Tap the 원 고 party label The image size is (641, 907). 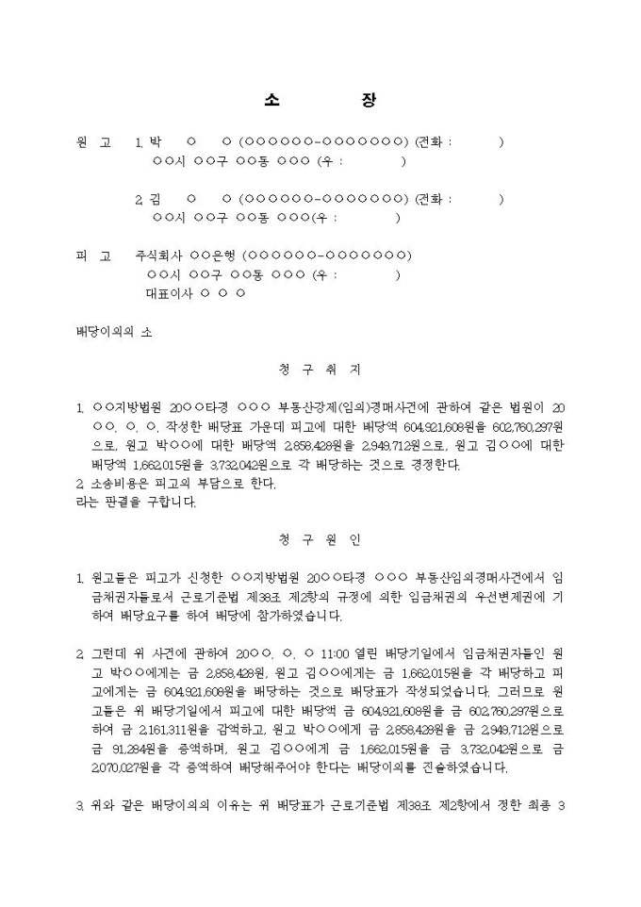[93, 143]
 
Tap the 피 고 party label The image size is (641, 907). [93, 256]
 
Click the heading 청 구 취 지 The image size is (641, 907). [320, 370]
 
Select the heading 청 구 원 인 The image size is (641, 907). [320, 540]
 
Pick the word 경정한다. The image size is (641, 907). [432, 465]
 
